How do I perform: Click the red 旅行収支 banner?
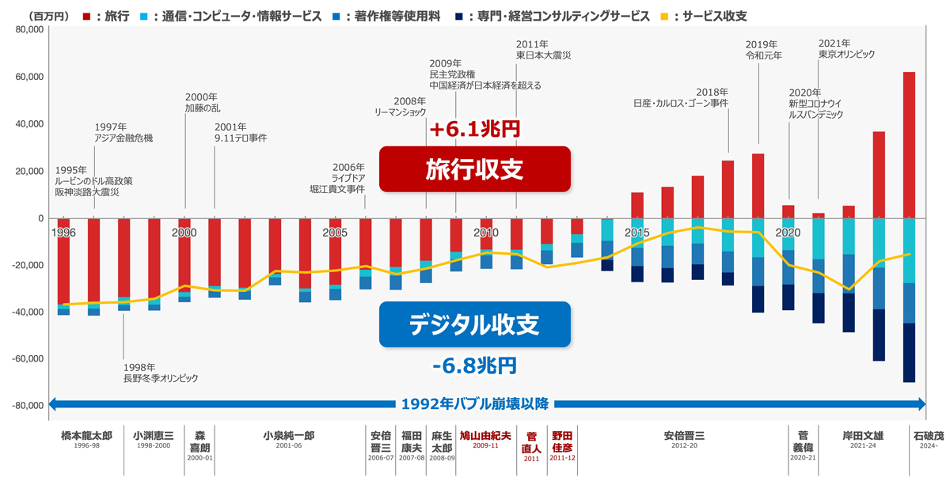(475, 169)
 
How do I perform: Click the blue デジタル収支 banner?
(475, 324)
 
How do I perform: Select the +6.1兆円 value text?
(473, 128)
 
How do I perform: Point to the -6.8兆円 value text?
(475, 365)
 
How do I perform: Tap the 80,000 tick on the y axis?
(28, 30)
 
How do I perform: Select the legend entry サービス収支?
(712, 15)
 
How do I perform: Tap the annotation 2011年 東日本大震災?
(542, 50)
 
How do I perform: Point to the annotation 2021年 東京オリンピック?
(846, 49)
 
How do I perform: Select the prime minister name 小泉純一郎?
(289, 436)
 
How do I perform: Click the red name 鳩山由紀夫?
(485, 436)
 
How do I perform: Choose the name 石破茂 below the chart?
(928, 436)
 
